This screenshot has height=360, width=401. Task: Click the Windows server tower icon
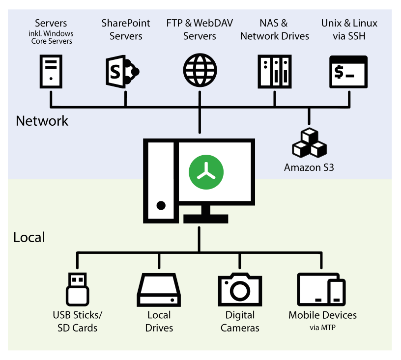51,71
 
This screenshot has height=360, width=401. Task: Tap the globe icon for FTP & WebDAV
200,71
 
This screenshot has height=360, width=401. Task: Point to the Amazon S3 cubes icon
309,143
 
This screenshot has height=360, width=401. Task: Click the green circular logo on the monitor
206,172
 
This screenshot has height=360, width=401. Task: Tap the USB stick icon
77,289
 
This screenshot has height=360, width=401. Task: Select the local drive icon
159,290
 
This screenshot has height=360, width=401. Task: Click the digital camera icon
240,289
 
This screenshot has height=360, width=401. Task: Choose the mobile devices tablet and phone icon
321,289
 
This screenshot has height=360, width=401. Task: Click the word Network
42,121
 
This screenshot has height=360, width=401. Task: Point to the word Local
29,238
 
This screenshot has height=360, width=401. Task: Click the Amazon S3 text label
309,167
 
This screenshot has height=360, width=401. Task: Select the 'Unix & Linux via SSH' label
349,29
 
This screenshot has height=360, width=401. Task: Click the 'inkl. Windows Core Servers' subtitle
51,37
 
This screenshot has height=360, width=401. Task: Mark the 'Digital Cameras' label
240,321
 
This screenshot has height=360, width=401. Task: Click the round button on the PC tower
160,205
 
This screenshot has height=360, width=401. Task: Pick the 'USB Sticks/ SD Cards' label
78,321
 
